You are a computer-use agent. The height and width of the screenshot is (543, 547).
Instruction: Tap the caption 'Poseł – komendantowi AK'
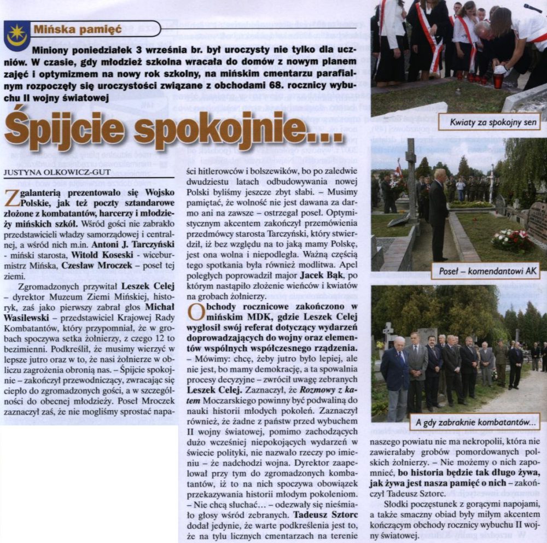click(488, 271)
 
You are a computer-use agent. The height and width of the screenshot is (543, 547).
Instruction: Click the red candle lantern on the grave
click(498, 80)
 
